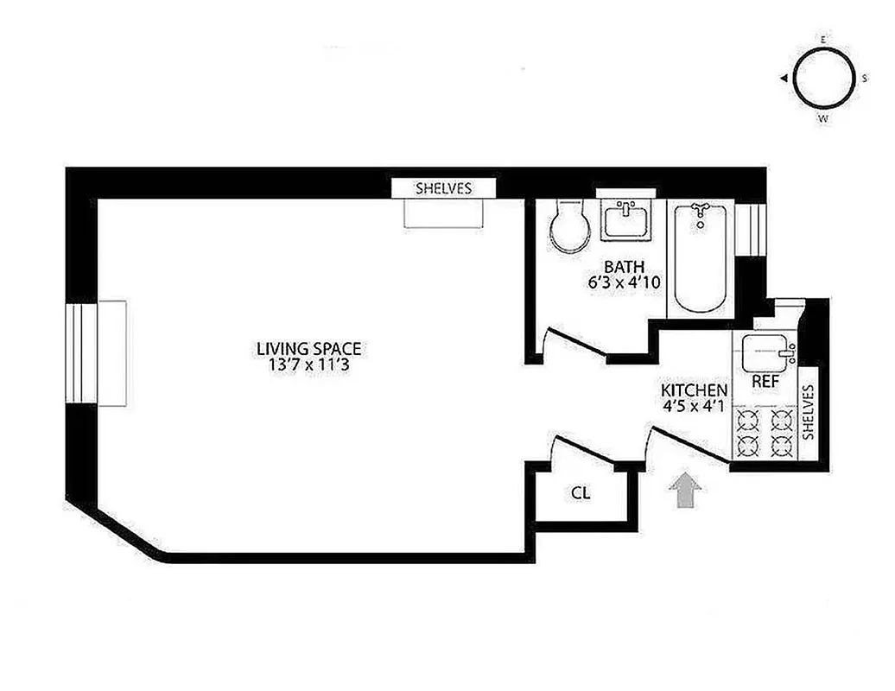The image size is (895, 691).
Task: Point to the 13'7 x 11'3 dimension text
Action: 308,365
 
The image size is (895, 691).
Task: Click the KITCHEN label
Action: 694,390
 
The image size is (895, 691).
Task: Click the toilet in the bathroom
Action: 569,226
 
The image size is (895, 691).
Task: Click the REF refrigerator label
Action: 762,380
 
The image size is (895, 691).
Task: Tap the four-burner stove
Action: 764,434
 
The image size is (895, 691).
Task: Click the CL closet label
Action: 581,494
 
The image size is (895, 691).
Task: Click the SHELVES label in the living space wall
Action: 444,187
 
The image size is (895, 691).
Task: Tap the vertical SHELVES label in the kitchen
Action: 809,413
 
